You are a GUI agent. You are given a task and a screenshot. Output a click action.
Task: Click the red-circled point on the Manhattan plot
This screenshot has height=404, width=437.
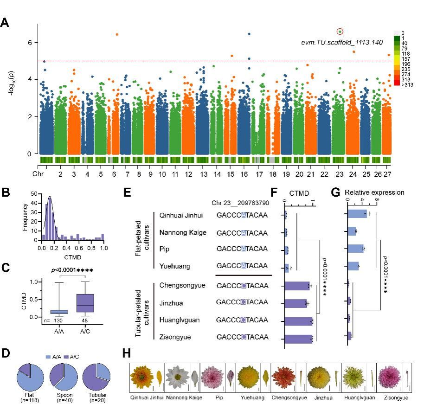[340, 32]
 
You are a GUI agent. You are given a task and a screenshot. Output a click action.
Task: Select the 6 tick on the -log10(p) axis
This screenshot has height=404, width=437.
[29, 43]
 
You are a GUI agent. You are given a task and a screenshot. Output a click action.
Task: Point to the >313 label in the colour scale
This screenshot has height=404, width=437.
[407, 85]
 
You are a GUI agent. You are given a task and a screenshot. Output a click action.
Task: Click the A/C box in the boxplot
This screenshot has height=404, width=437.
[85, 303]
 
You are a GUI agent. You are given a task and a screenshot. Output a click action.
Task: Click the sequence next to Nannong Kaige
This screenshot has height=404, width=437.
[242, 232]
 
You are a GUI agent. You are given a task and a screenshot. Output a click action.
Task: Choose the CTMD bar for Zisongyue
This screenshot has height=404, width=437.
[299, 338]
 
